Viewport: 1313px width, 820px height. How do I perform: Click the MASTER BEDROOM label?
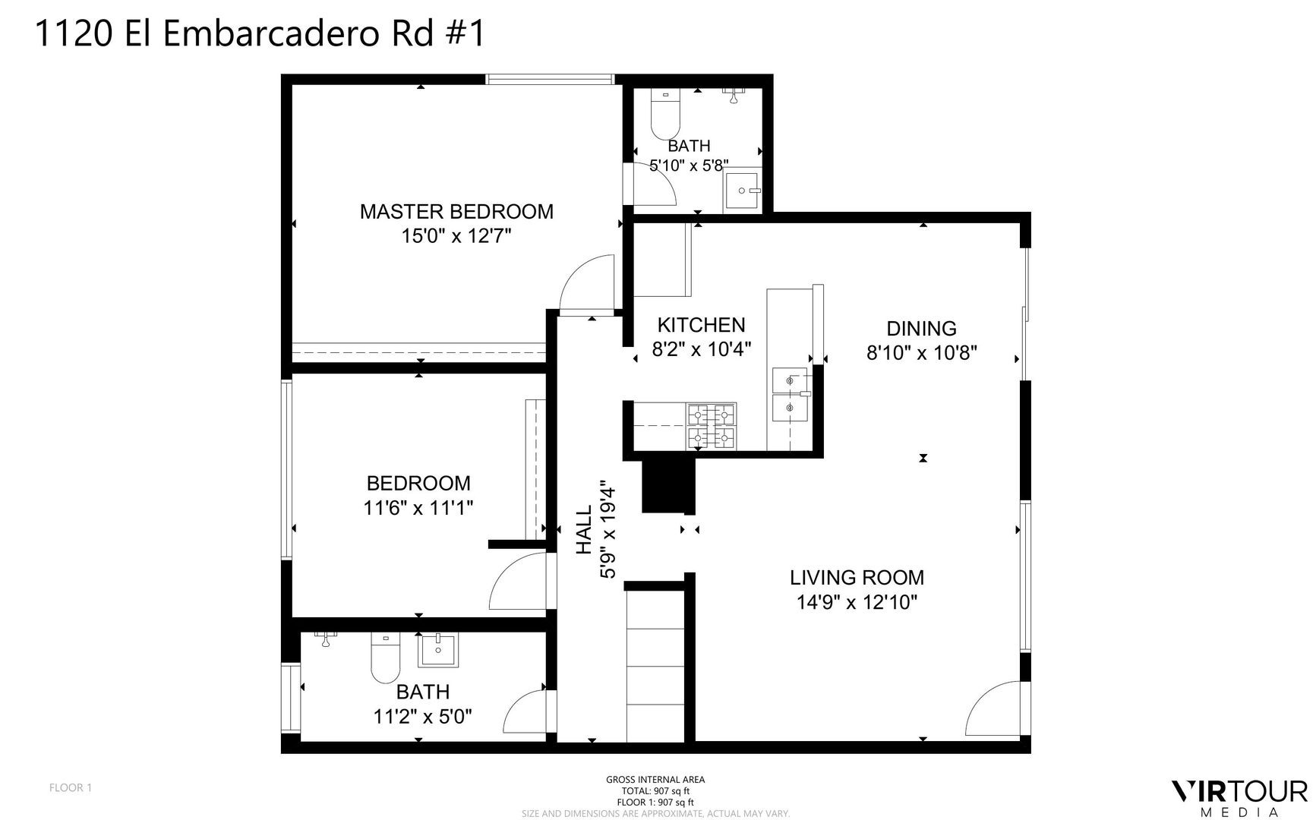point(456,211)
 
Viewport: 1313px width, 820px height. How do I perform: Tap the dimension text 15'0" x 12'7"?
point(456,236)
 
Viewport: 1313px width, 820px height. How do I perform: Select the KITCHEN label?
point(701,325)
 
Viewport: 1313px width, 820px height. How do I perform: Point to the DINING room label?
point(921,329)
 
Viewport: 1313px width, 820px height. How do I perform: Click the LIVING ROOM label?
point(857,578)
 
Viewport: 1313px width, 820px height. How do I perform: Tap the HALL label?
point(584,531)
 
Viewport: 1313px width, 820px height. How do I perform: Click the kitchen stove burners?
point(712,426)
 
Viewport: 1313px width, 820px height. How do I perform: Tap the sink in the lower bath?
point(437,651)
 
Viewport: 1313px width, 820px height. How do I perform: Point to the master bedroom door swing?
point(586,282)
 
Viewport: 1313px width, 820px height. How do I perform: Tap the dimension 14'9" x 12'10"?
point(857,603)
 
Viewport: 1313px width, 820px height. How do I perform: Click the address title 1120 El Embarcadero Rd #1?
point(260,34)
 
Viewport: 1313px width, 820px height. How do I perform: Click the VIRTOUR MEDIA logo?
point(1239,798)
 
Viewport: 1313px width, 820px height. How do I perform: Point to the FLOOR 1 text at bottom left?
point(71,787)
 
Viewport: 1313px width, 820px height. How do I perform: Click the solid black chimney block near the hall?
point(668,486)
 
